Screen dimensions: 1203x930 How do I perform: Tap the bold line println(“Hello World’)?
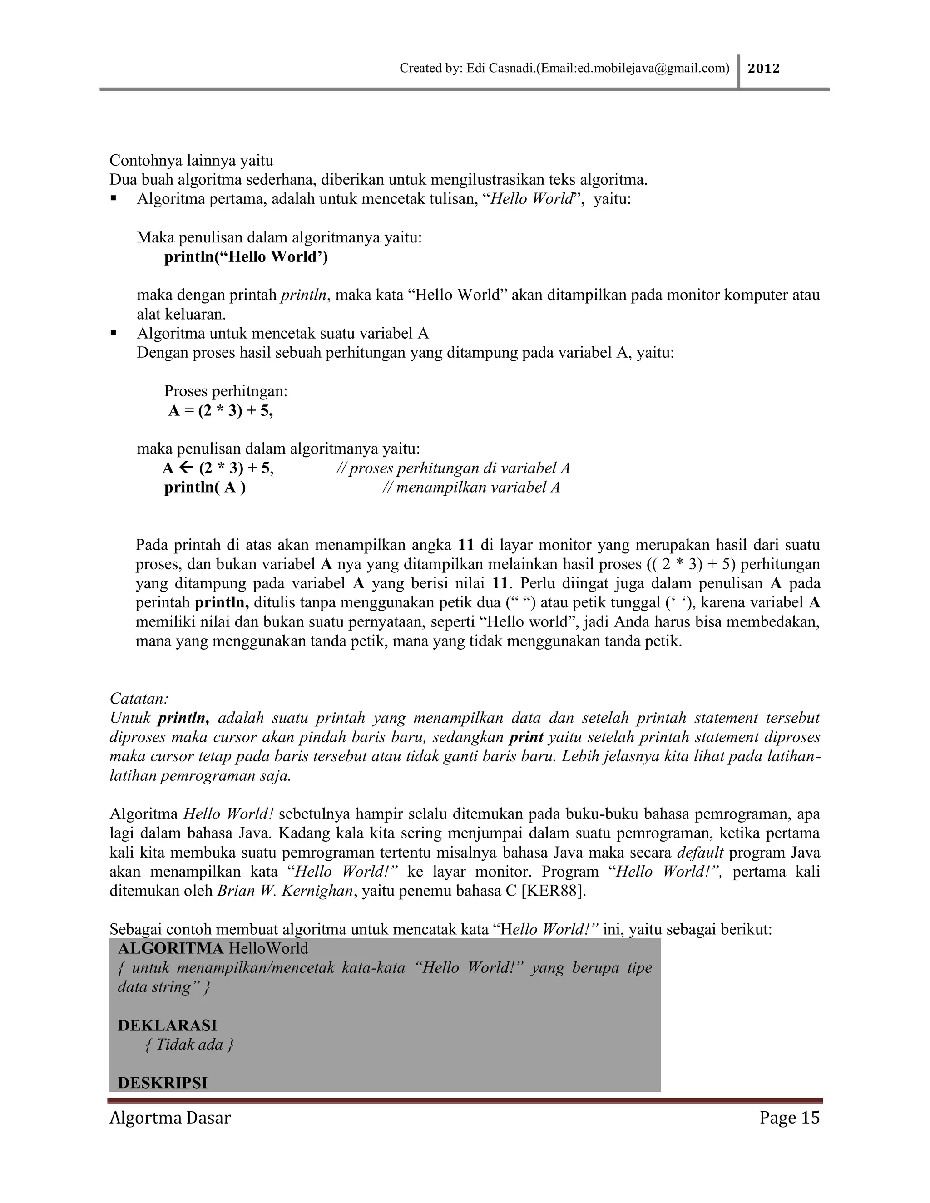[x=246, y=257]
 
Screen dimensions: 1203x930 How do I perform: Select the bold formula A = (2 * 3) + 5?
[x=220, y=411]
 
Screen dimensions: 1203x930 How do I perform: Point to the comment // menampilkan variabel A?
[x=471, y=488]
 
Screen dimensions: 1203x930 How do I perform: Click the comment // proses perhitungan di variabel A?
[x=453, y=468]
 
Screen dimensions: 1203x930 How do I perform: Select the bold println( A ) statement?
[x=205, y=488]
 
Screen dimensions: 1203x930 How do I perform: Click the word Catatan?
[x=139, y=699]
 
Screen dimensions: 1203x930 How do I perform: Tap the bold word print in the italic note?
[x=526, y=737]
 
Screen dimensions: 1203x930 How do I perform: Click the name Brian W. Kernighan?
[x=285, y=891]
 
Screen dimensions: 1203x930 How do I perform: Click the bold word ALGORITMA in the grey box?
[x=171, y=948]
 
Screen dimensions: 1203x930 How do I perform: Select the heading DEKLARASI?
[x=168, y=1025]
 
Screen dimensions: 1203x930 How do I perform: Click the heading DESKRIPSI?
[x=163, y=1083]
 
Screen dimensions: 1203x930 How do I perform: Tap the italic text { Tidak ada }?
[x=189, y=1045]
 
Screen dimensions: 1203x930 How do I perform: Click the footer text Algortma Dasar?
[x=170, y=1118]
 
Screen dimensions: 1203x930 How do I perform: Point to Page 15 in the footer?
[x=789, y=1118]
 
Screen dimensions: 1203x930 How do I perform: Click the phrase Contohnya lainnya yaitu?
[x=191, y=161]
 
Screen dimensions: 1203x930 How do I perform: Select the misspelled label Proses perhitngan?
[x=226, y=392]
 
